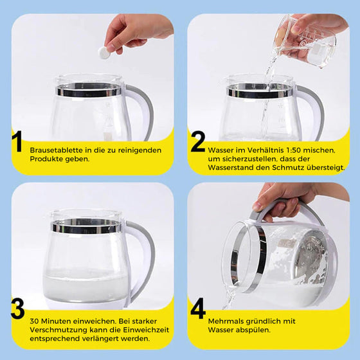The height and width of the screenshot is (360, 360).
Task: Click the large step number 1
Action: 17,141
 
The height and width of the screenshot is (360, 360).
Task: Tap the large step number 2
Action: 198,141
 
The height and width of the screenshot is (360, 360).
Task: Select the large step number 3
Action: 18,308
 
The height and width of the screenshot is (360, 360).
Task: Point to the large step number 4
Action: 198,308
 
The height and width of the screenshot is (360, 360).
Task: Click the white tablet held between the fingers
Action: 104,53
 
